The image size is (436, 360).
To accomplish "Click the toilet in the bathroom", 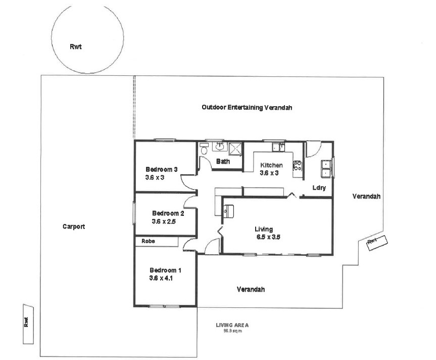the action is pyautogui.click(x=204, y=149).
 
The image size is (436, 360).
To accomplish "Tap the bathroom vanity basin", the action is pyautogui.click(x=220, y=146).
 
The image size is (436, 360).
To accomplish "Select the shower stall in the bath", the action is pyautogui.click(x=235, y=149).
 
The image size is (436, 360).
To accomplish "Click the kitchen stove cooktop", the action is pyautogui.click(x=297, y=165).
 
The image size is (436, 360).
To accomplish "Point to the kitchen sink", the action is pyautogui.click(x=278, y=147).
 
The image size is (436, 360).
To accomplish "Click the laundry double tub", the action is pyautogui.click(x=326, y=168).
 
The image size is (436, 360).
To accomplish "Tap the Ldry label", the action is pyautogui.click(x=319, y=188).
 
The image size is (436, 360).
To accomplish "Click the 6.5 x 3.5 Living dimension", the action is pyautogui.click(x=268, y=237).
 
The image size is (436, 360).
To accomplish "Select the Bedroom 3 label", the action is pyautogui.click(x=161, y=169).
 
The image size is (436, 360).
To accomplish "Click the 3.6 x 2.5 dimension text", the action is pyautogui.click(x=164, y=221).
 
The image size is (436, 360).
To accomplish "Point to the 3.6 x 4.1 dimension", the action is pyautogui.click(x=161, y=278).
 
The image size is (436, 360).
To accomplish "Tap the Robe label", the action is pyautogui.click(x=148, y=241).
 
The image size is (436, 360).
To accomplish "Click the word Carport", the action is pyautogui.click(x=74, y=227).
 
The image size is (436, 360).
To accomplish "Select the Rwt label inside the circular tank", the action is pyautogui.click(x=76, y=47).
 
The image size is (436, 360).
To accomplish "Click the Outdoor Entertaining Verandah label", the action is pyautogui.click(x=247, y=107).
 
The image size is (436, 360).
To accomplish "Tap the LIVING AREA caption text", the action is pyautogui.click(x=232, y=325).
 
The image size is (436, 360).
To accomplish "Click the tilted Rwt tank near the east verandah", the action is pyautogui.click(x=377, y=243).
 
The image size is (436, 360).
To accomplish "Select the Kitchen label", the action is pyautogui.click(x=271, y=165).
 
